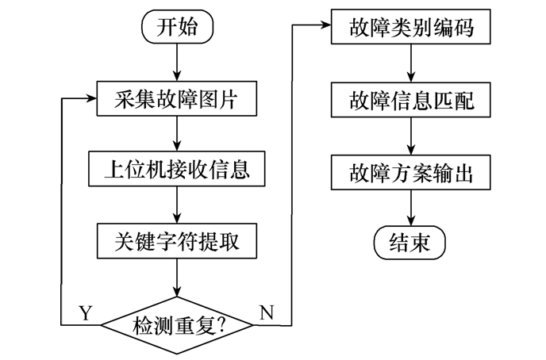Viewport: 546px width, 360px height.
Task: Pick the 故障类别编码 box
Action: point(410,29)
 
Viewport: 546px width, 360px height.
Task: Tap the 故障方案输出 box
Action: point(410,170)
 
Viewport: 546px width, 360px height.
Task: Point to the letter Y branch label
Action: point(86,312)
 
